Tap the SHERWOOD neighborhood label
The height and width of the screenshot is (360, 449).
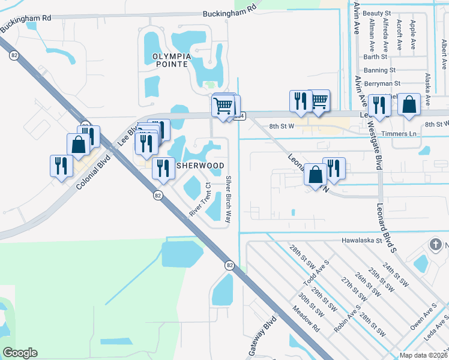pyautogui.click(x=200, y=166)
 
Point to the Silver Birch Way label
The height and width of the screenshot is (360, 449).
pyautogui.click(x=228, y=200)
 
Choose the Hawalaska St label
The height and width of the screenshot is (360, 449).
pyautogui.click(x=362, y=241)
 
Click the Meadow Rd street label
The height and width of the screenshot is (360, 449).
pyautogui.click(x=306, y=319)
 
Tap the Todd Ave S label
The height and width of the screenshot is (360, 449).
pyautogui.click(x=317, y=274)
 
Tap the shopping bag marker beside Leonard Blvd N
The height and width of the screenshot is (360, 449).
pyautogui.click(x=315, y=175)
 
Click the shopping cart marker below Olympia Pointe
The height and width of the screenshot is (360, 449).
pyautogui.click(x=223, y=106)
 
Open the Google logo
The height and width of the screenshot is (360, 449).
pyautogui.click(x=20, y=353)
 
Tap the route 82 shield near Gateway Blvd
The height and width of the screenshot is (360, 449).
pyautogui.click(x=229, y=265)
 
